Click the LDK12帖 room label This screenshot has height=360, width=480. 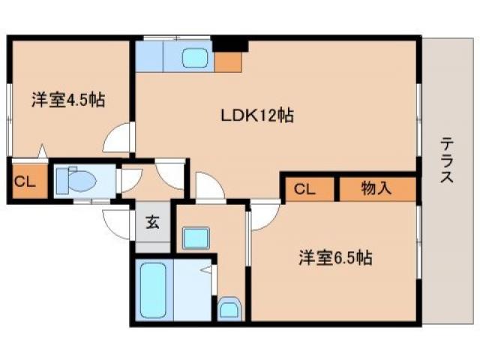[x=256, y=115]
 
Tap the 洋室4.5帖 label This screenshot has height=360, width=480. [x=67, y=100]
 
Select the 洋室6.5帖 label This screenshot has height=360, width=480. [x=333, y=258]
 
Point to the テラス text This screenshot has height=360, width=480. [x=447, y=159]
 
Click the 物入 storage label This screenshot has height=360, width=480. [x=376, y=189]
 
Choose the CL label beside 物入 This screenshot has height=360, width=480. [x=304, y=189]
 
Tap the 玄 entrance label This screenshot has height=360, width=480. [x=152, y=222]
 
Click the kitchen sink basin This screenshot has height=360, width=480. [x=197, y=57]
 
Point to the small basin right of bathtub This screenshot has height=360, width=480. [x=229, y=308]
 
